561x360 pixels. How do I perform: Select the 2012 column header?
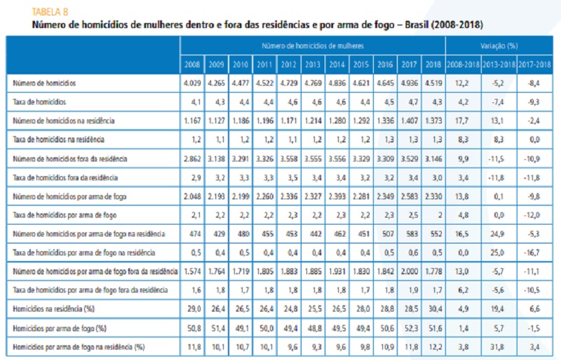(x=287, y=65)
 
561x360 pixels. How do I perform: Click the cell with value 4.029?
(x=191, y=84)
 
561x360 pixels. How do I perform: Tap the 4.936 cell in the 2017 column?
(x=409, y=84)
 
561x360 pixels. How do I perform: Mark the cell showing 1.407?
(x=409, y=121)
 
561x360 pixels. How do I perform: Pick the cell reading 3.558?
(x=287, y=158)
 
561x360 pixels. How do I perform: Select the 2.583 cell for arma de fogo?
(x=409, y=196)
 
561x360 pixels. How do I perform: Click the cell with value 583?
(x=409, y=233)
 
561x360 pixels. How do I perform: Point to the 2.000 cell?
(x=409, y=271)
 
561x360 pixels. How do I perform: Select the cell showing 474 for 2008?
(x=191, y=233)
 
